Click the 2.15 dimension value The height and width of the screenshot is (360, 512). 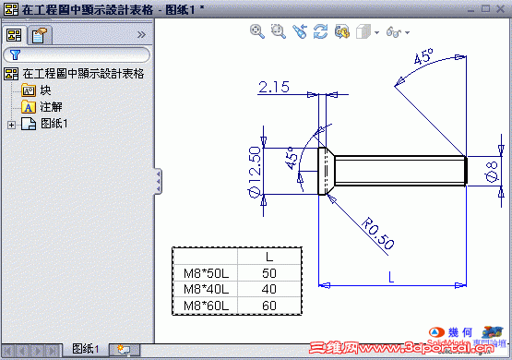(x=275, y=88)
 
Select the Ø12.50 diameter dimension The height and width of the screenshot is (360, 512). (x=254, y=171)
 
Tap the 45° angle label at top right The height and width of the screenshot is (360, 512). (x=423, y=57)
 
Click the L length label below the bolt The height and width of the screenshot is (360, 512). (x=391, y=276)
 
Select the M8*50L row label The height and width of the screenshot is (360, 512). (x=205, y=273)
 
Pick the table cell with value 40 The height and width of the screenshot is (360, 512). (x=269, y=289)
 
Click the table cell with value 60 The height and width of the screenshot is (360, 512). (x=269, y=306)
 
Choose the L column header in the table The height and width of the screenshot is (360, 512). (x=269, y=257)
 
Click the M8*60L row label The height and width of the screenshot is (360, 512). (x=205, y=306)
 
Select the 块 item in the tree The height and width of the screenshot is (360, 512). (x=45, y=90)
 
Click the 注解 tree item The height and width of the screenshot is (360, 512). (x=50, y=107)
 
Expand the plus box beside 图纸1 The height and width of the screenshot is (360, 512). (x=11, y=124)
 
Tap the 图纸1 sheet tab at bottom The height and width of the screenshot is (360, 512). (x=85, y=349)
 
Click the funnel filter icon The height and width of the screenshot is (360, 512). (x=16, y=55)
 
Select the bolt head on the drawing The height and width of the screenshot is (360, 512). (x=327, y=171)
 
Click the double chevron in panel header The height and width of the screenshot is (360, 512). (x=141, y=34)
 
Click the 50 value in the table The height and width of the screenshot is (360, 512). (x=269, y=273)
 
